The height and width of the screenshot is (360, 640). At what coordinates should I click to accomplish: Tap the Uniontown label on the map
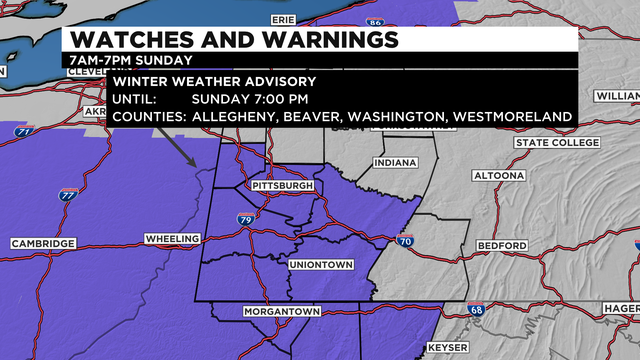[x=318, y=264]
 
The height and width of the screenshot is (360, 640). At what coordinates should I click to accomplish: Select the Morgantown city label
[x=282, y=313]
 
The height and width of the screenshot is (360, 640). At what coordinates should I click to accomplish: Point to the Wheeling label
[x=173, y=239]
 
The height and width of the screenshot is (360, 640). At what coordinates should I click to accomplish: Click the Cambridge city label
[x=43, y=244]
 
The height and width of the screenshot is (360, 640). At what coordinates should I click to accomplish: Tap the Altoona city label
[x=497, y=176]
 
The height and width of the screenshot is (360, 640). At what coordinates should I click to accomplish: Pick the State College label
[x=559, y=143]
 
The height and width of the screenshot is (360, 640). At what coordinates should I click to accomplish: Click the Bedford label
[x=502, y=245]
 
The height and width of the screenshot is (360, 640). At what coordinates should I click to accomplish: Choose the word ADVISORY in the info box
[x=278, y=81]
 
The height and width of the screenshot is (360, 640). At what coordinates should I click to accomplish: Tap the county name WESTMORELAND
[x=513, y=117]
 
